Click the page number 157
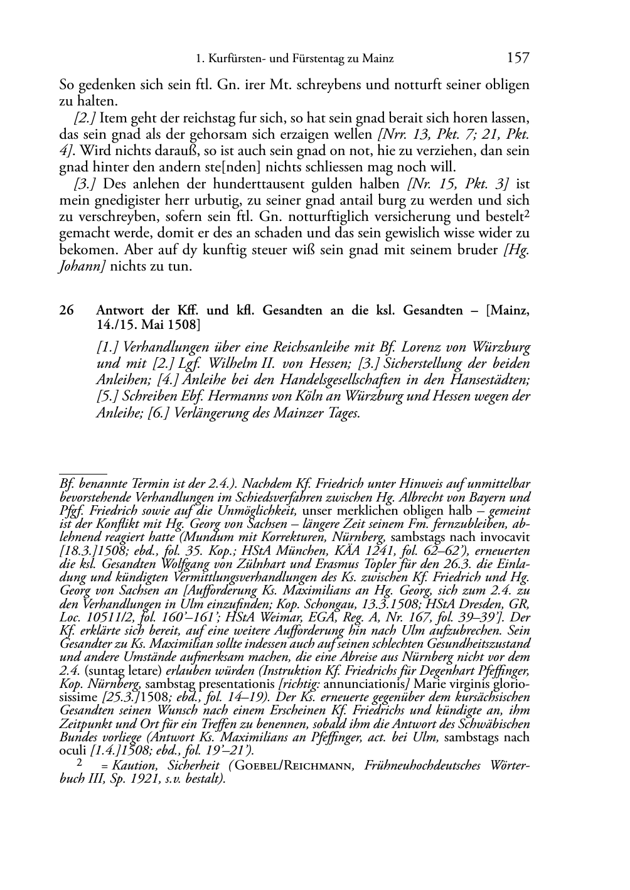[518, 58]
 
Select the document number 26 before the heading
[67, 311]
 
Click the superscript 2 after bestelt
[526, 214]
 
